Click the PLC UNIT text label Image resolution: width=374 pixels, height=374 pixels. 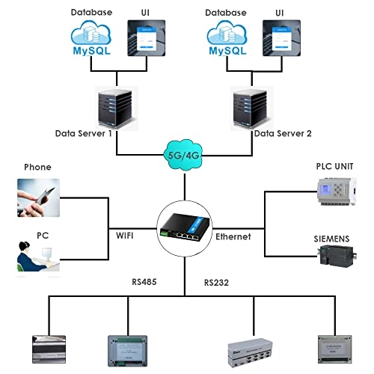click(x=334, y=166)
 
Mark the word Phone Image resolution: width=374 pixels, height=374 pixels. click(x=37, y=167)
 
